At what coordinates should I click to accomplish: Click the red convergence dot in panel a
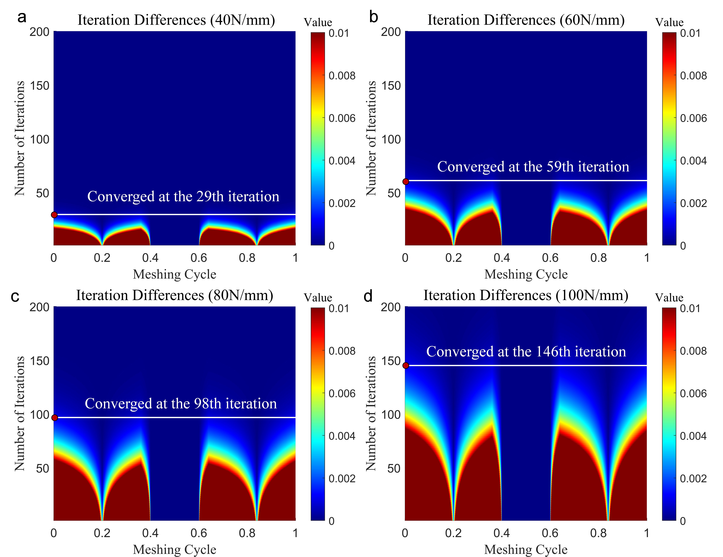point(54,215)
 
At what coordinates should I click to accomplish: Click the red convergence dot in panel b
point(406,182)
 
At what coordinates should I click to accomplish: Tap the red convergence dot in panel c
point(55,418)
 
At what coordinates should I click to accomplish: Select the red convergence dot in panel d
point(406,366)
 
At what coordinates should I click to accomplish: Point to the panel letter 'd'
point(368,296)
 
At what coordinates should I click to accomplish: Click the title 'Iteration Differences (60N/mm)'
point(526,20)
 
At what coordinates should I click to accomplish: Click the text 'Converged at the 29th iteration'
point(183,196)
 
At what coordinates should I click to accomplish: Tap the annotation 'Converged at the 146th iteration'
point(526,352)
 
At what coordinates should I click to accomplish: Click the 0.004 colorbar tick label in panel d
point(693,436)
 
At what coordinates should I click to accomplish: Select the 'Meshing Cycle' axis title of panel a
point(174,274)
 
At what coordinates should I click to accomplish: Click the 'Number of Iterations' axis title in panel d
point(371,414)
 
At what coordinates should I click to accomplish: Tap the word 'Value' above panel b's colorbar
point(669,22)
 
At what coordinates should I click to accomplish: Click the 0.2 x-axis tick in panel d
point(453,533)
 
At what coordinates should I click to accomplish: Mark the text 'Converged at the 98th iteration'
point(181,404)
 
